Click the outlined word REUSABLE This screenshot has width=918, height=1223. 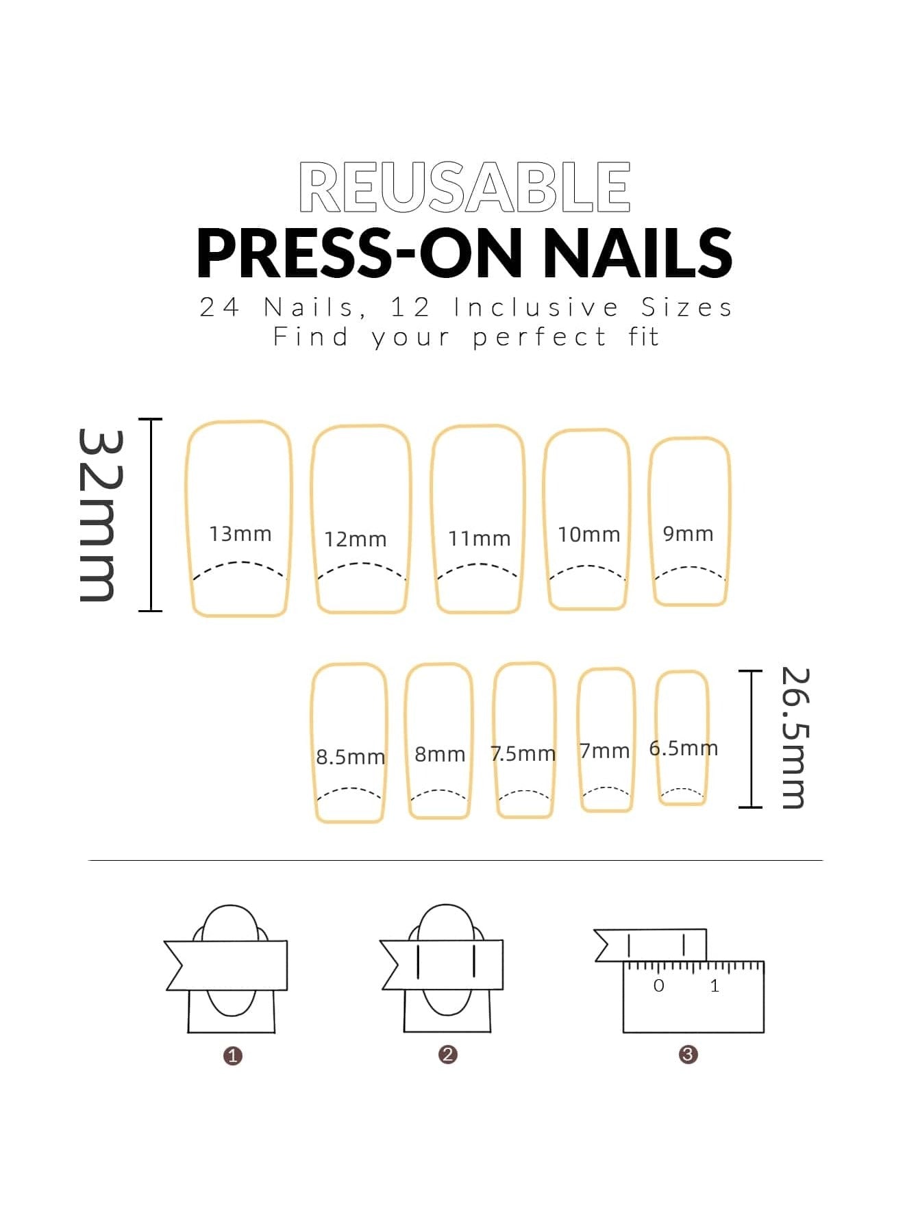tap(464, 187)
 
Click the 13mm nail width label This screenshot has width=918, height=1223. tap(240, 533)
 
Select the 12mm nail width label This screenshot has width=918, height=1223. tap(355, 539)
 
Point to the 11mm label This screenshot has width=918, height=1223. tap(479, 538)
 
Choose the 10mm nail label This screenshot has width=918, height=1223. tap(588, 534)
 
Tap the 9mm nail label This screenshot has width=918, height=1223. tap(688, 533)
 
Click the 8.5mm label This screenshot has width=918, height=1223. tap(350, 757)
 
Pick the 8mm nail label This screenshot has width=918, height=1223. tap(440, 754)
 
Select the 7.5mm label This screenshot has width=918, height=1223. tap(523, 753)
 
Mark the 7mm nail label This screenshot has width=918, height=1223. tap(604, 751)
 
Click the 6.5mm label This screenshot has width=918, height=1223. tap(683, 748)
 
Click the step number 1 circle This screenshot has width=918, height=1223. tap(233, 1056)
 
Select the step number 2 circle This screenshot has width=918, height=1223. tap(447, 1055)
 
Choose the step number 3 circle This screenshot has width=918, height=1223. tap(688, 1055)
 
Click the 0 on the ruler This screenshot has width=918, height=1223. tap(658, 986)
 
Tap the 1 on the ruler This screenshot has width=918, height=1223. tap(715, 986)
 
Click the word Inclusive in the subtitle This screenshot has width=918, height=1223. tap(536, 307)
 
